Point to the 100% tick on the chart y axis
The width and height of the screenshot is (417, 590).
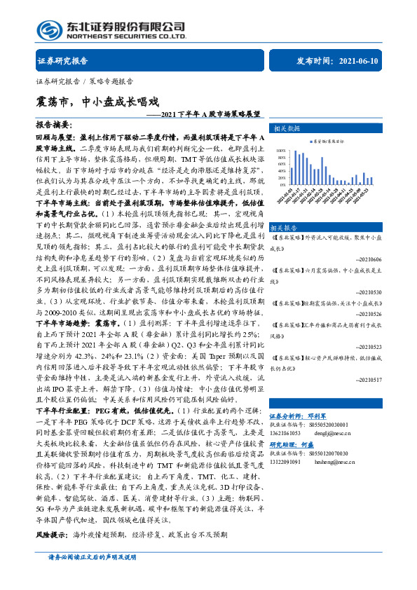pos(280,150)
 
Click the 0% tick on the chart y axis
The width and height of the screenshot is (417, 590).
pos(282,184)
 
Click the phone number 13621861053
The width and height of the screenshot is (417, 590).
pos(286,433)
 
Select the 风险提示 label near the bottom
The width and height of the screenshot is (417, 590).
pos(51,534)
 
